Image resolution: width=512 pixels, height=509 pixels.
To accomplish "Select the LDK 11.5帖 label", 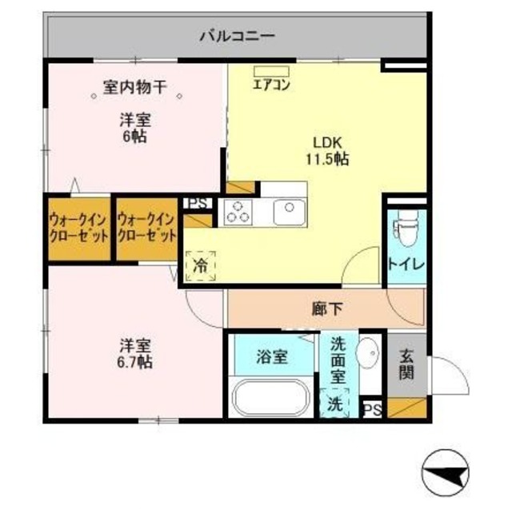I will point(328,150).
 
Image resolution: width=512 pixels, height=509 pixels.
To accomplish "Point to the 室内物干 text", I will point(134,87).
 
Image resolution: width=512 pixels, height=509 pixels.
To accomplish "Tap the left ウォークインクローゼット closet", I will point(78,229).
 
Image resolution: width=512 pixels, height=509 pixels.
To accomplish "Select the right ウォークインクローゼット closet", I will point(146,229).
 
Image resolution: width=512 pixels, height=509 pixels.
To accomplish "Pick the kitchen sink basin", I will point(286,212).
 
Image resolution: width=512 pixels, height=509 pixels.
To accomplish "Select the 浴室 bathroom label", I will point(272,356).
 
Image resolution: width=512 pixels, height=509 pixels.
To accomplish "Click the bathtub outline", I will point(270,398).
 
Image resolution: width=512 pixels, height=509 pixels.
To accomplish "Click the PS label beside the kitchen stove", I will point(195,203).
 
